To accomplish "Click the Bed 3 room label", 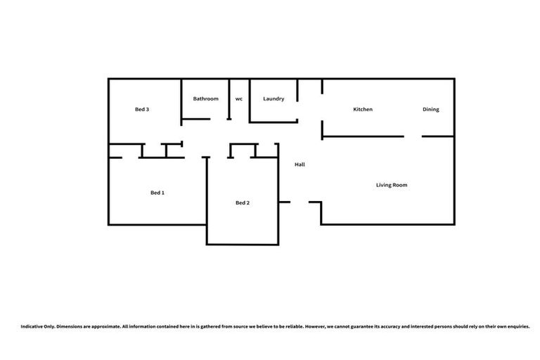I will [x=141, y=110].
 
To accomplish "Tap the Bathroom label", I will [x=206, y=99].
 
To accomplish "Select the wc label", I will [x=239, y=99].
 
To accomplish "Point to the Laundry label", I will [x=274, y=99].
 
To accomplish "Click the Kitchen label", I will [x=363, y=110].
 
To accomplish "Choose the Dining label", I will [x=431, y=110].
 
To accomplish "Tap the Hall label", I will [x=300, y=165].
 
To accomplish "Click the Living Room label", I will [x=392, y=185].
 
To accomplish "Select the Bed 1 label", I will [x=157, y=193].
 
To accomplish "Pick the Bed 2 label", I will [x=243, y=203].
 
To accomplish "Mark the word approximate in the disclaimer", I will [x=105, y=327].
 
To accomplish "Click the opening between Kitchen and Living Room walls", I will [x=413, y=136].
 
